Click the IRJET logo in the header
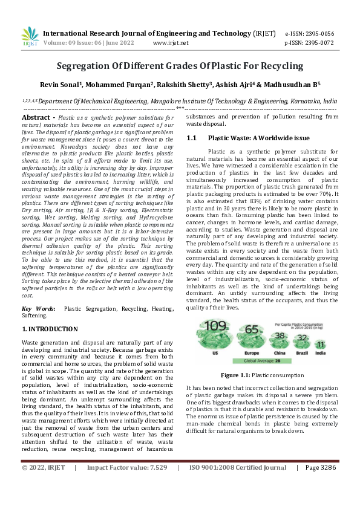30,37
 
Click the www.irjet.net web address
171,43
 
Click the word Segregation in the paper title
84,65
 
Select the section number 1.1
192,138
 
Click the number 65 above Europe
252,330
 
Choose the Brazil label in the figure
303,350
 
